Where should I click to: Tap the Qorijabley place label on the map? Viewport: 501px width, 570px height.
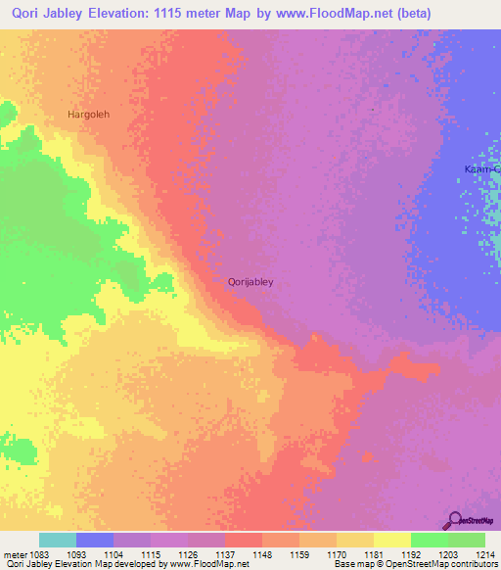click(250, 282)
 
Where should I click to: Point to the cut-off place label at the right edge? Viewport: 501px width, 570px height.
click(482, 169)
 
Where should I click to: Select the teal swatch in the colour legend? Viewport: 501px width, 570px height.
click(58, 540)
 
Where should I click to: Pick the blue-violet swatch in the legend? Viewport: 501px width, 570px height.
click(95, 540)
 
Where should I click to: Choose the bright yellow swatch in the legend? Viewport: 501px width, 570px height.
click(391, 540)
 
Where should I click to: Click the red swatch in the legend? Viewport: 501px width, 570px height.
click(244, 540)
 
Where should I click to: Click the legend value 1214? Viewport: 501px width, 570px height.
click(484, 553)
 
